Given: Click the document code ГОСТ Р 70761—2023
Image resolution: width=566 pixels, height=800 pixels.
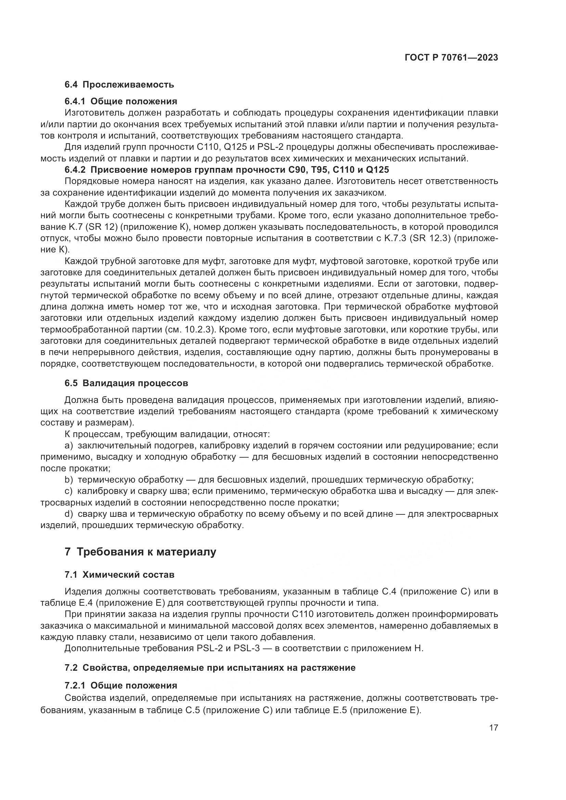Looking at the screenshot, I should (451, 58).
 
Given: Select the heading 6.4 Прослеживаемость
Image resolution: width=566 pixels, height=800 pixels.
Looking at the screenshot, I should (119, 85).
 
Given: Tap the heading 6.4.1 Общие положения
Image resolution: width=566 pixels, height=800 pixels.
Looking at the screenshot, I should (120, 101).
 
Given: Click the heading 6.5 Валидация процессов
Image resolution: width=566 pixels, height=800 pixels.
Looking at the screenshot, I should (126, 383).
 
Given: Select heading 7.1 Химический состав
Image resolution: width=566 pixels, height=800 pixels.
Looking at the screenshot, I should (119, 575).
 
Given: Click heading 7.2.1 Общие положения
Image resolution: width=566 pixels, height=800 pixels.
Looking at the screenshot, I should (120, 686).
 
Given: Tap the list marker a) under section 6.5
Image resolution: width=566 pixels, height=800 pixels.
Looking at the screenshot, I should (69, 446).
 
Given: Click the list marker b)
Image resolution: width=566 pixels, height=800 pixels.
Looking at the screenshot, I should (69, 480).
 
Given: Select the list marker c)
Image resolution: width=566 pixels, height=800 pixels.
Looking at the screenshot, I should (69, 491).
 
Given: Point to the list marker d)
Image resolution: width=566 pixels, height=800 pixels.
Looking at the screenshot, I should (69, 514).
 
